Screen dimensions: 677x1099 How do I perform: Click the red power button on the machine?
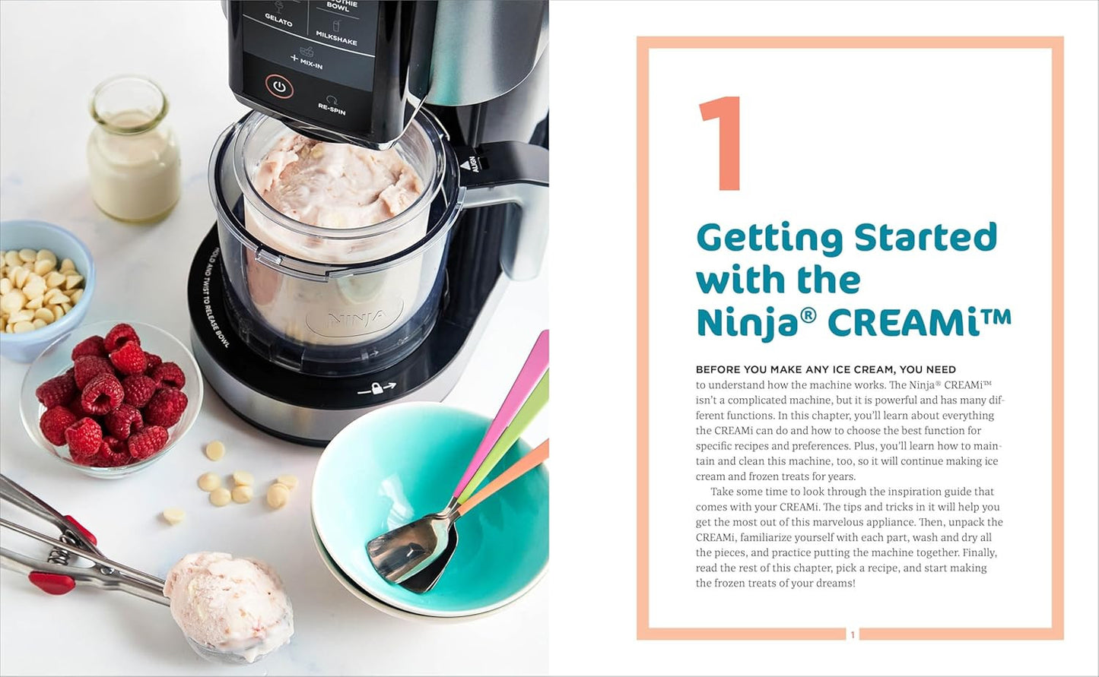[x=279, y=87]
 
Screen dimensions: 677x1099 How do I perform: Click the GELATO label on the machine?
[x=278, y=19]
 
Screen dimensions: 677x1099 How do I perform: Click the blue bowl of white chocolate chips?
[x=42, y=289]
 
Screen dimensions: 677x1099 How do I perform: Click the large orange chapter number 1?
[x=721, y=144]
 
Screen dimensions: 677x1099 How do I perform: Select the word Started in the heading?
[x=925, y=238]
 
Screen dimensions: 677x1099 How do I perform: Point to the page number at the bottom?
[x=853, y=634]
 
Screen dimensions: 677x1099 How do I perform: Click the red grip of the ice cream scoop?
[x=52, y=583]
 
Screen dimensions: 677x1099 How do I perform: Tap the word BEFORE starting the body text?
[x=719, y=370]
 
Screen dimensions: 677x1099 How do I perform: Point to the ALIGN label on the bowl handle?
[x=473, y=165]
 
